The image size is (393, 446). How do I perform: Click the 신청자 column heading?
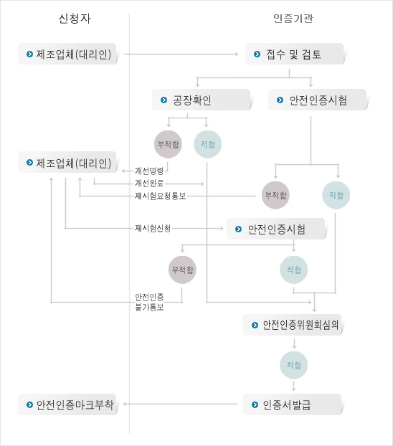[75, 19]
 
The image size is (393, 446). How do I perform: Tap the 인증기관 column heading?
[293, 19]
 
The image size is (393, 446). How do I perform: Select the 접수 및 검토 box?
[295, 54]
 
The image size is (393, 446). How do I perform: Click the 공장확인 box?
[202, 100]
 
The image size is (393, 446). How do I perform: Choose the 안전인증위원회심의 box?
[293, 325]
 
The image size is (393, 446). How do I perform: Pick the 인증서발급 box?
[293, 404]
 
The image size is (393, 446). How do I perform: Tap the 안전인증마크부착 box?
[67, 404]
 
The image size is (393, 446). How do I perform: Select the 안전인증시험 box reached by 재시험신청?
[276, 229]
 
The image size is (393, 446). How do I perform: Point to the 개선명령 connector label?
[149, 171]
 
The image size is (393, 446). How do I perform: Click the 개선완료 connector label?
[149, 184]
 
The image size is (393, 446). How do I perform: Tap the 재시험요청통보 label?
[160, 196]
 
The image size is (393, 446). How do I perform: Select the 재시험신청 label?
[153, 228]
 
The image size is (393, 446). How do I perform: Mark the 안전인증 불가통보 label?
[149, 303]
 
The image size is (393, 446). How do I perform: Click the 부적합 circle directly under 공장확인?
[168, 145]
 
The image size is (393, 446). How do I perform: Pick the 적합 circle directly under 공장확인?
[208, 145]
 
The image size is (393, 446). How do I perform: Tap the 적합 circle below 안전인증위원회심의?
[294, 365]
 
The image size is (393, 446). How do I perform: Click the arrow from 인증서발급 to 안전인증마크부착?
[181, 404]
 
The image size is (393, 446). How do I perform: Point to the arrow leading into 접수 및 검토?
[181, 54]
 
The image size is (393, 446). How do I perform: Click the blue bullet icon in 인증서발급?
[255, 404]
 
